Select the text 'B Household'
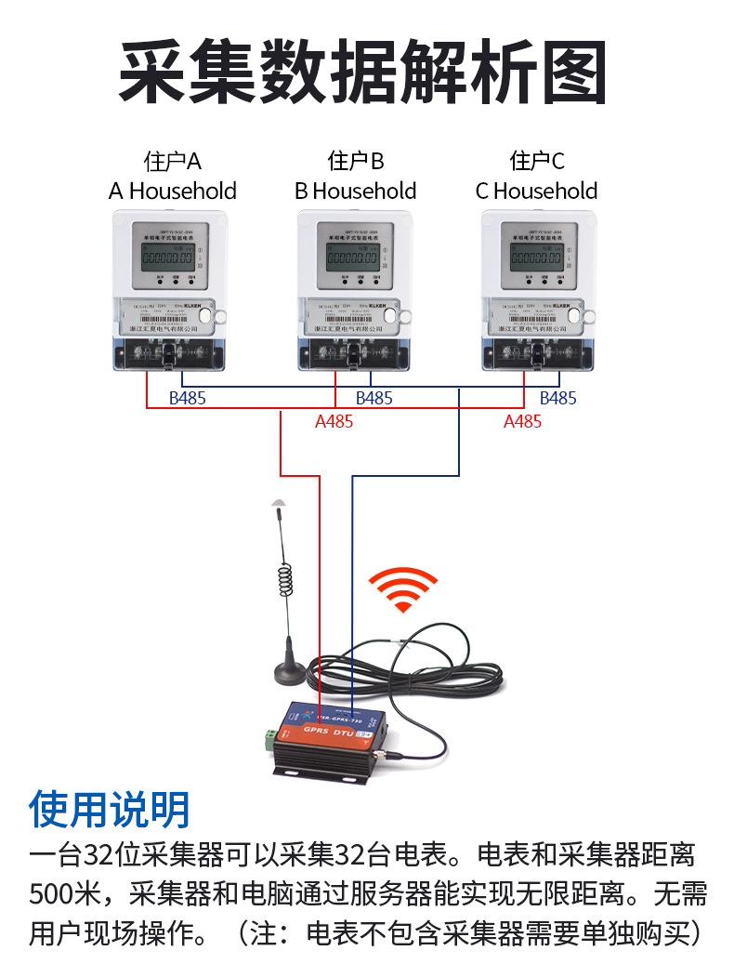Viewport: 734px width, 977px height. pos(355,191)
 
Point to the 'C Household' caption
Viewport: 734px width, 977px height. pos(536,191)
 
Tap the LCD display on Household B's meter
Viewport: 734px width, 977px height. pos(352,254)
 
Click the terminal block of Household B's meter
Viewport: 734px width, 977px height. pos(353,353)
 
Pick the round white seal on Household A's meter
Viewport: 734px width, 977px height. pos(220,316)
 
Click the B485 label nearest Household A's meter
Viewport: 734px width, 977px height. pos(187,399)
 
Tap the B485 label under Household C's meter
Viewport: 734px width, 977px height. pos(557,399)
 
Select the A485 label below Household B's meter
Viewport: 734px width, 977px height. pos(334,422)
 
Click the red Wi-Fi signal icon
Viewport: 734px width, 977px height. pos(402,589)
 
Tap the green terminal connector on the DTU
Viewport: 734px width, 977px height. pos(269,740)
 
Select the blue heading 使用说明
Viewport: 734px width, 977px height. pos(110,810)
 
